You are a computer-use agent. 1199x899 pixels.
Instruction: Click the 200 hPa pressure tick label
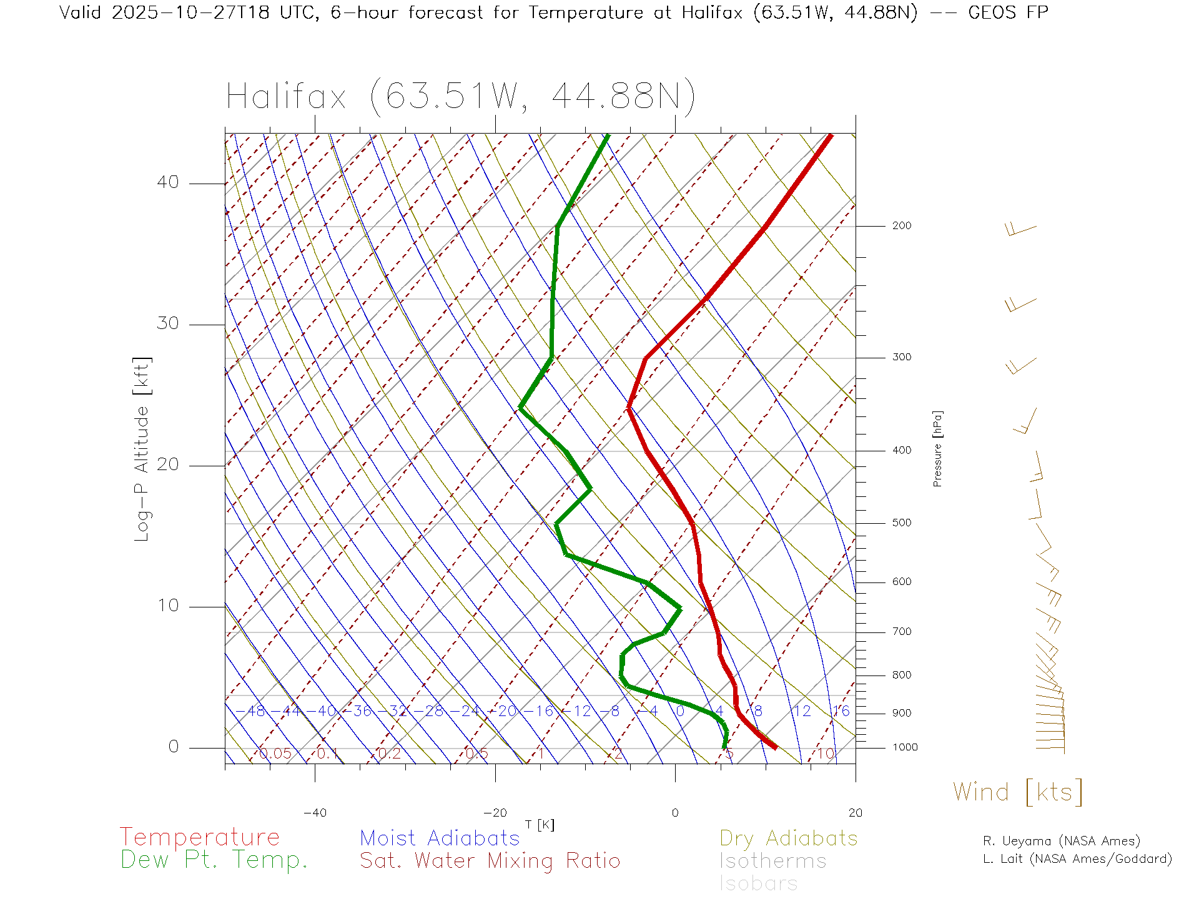click(x=901, y=226)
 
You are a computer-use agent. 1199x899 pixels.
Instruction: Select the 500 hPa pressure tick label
click(x=901, y=523)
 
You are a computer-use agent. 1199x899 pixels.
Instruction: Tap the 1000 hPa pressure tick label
click(x=904, y=748)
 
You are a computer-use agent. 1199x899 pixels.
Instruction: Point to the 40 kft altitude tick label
click(x=167, y=182)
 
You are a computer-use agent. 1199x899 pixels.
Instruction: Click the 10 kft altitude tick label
click(x=167, y=606)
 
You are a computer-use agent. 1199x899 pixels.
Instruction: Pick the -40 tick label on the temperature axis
click(x=315, y=813)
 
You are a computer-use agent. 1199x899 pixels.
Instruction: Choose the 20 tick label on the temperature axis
click(x=855, y=813)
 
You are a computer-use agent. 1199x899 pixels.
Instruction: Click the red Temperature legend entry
click(x=200, y=837)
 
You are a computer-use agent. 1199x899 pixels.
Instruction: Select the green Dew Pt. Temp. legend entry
click(x=214, y=860)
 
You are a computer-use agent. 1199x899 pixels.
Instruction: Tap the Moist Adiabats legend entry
click(x=440, y=838)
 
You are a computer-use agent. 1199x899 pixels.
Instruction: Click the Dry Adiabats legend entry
click(x=789, y=838)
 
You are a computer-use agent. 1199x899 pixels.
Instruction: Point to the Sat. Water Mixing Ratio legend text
click(x=490, y=861)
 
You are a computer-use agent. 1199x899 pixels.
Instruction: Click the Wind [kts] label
click(x=1018, y=792)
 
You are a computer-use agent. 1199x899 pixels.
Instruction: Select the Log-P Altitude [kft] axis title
click(x=142, y=449)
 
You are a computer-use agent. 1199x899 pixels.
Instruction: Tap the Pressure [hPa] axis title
click(x=937, y=448)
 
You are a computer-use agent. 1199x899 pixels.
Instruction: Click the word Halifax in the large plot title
click(x=286, y=97)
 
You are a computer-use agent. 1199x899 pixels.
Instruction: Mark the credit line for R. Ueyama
click(x=1062, y=841)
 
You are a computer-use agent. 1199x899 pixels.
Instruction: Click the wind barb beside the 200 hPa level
click(x=1020, y=230)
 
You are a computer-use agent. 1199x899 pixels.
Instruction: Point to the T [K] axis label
click(x=540, y=825)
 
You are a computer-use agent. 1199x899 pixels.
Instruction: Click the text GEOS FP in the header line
click(x=1008, y=12)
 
